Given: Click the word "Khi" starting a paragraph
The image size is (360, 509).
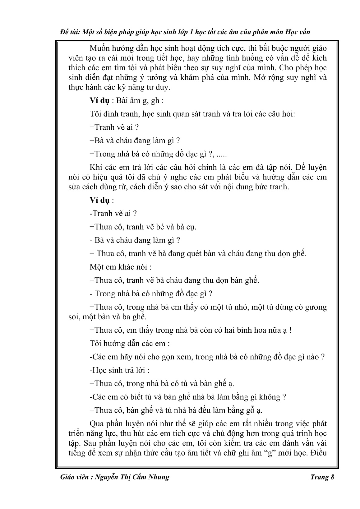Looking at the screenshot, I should point(95,167).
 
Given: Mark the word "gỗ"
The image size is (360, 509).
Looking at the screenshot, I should point(250,410).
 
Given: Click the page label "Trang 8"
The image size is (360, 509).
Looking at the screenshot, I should point(322,477).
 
